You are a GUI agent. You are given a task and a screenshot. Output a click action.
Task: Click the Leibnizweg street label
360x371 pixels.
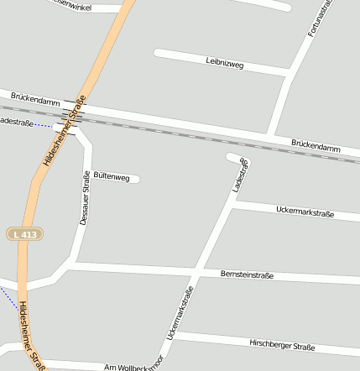coord(224,62)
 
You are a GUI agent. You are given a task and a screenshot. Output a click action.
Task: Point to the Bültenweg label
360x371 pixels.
coord(112,177)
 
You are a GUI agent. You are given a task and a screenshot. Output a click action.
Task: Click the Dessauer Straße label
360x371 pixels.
coord(84,198)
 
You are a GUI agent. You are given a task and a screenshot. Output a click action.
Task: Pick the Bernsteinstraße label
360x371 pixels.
coord(247,274)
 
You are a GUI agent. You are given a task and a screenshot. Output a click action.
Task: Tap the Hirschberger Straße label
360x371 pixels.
coord(282,345)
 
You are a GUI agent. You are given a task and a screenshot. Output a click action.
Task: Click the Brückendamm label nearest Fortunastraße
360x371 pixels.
coord(316,146)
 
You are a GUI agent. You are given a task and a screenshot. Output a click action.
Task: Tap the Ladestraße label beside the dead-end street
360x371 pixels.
coord(241,175)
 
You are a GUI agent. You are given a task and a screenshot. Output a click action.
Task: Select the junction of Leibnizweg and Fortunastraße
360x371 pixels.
coord(289,77)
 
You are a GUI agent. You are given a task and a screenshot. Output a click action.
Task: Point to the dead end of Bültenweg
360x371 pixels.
coord(135,178)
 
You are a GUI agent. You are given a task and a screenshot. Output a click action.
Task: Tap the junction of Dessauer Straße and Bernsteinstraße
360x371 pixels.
coord(75,265)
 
